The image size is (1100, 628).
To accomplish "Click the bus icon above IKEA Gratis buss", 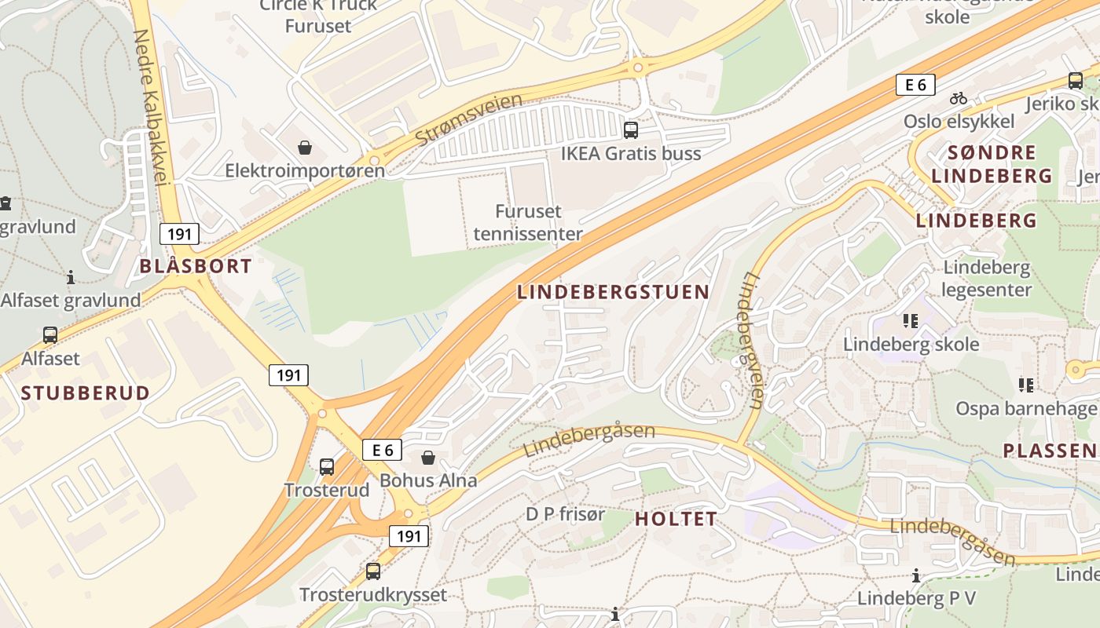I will pos(630,130).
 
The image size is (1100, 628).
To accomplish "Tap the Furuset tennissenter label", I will pos(528,222).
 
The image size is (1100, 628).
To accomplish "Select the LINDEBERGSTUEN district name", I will pos(613,292).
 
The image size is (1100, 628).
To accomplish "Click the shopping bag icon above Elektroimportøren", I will pos(305,148).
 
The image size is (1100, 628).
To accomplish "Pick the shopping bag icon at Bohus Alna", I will pos(428,457).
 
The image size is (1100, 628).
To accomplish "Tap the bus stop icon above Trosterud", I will pos(327,467).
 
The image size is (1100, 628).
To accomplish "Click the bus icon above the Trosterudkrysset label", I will pos(373,571).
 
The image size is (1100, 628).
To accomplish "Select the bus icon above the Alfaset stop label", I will pos(50,335).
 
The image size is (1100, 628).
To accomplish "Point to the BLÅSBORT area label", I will pos(196,266).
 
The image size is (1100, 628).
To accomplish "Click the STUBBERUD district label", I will pos(85,393).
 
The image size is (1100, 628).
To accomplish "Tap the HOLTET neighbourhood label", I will pos(676,519).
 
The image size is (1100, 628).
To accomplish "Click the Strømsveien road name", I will pos(468,119).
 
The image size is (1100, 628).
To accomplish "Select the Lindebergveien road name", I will pos(750,341).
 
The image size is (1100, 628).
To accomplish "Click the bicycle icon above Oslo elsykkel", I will pos(958,99).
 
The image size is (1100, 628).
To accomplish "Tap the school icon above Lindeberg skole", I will pos(911,320).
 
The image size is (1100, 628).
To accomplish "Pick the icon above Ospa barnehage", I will pos(1025,385).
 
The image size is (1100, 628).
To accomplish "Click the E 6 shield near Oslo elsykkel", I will pos(915,85).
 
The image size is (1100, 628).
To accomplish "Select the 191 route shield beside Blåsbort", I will pos(179,233).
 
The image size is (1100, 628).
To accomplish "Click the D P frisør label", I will pos(566,515).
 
